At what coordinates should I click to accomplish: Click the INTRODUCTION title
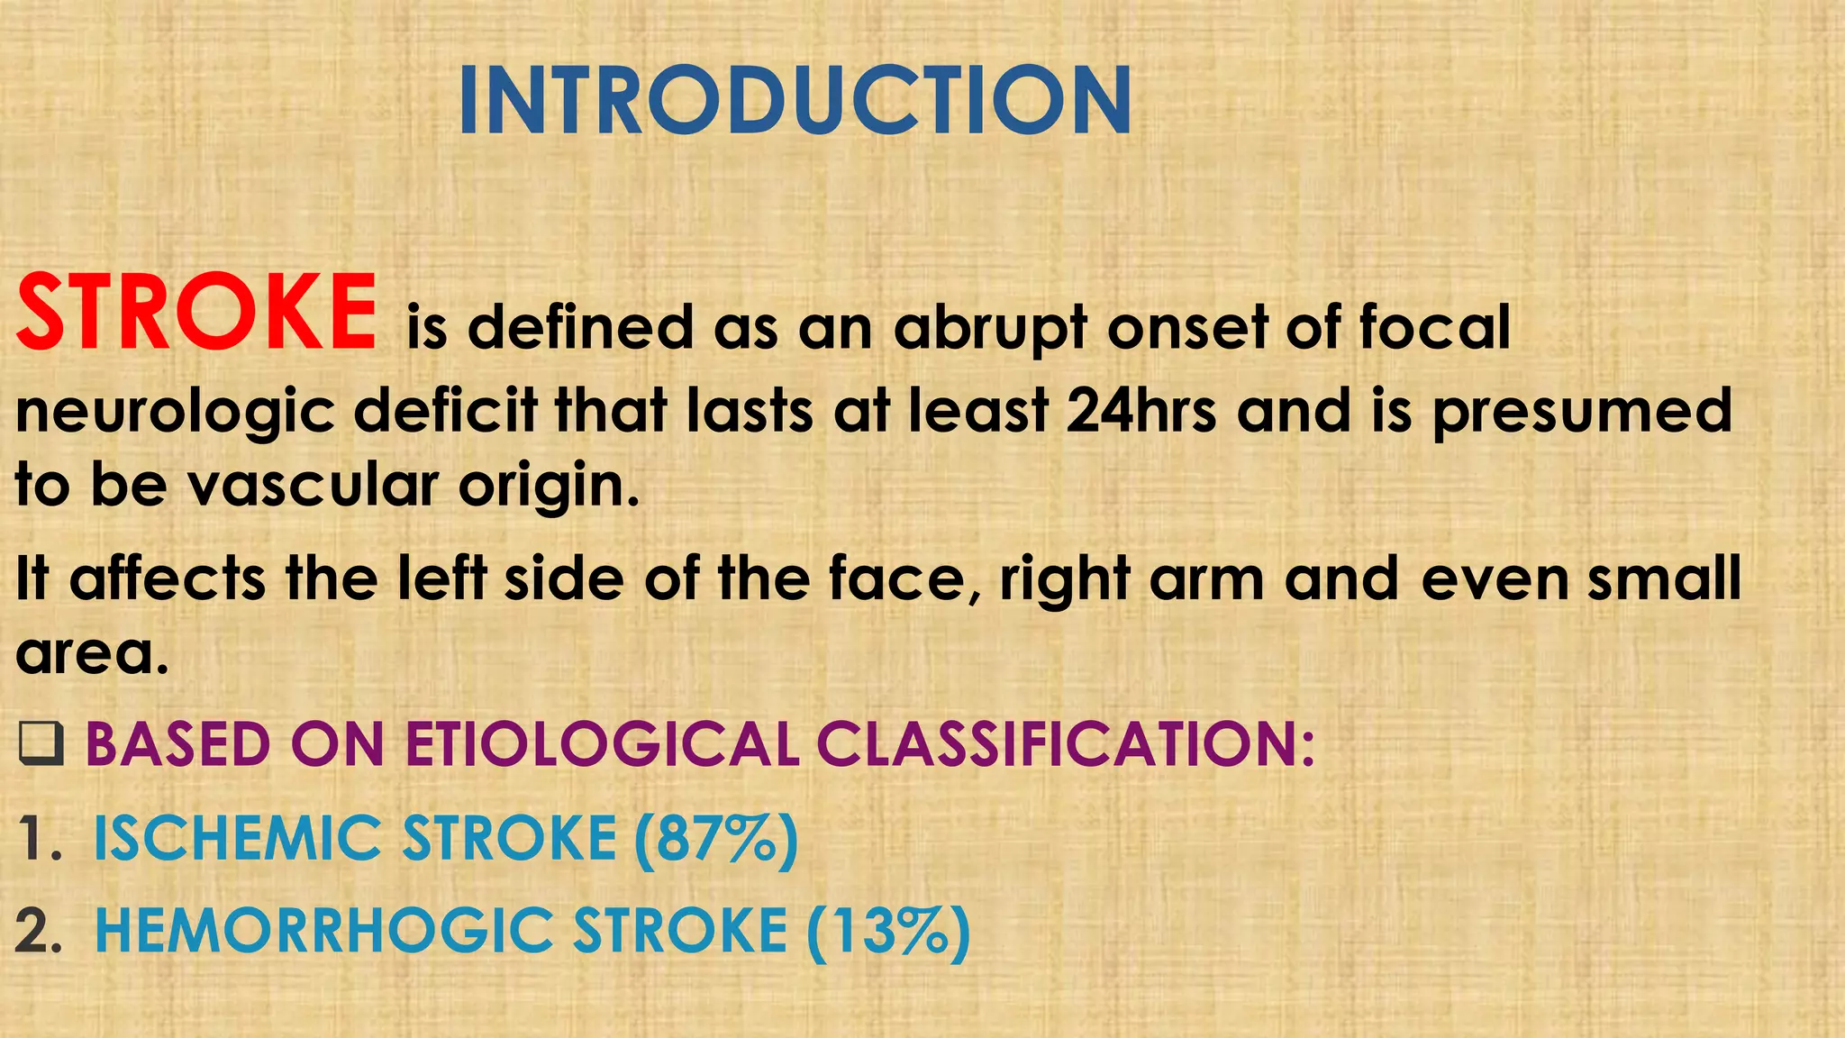pyautogui.click(x=795, y=101)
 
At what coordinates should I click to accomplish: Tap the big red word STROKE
pyautogui.click(x=196, y=313)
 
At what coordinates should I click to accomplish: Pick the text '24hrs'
pyautogui.click(x=1140, y=410)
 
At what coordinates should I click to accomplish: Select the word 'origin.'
pyautogui.click(x=549, y=487)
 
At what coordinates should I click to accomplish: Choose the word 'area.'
pyautogui.click(x=92, y=653)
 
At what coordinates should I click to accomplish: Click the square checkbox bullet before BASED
pyautogui.click(x=41, y=745)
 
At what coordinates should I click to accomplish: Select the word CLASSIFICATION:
pyautogui.click(x=1066, y=745)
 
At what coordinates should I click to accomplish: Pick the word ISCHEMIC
pyautogui.click(x=237, y=839)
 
